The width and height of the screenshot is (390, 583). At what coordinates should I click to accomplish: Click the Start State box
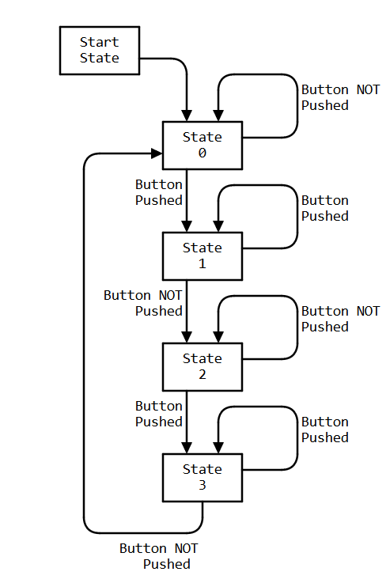point(100,51)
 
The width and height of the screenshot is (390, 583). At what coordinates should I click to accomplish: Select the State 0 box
point(202,146)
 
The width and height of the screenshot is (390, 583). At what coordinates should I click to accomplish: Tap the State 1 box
point(202,256)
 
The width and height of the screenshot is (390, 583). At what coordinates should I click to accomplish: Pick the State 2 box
point(202,367)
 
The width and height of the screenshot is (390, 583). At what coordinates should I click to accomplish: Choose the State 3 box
point(202,478)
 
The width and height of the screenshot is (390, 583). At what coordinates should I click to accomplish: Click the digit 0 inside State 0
point(203,153)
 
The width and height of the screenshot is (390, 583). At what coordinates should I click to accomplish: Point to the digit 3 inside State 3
point(203,486)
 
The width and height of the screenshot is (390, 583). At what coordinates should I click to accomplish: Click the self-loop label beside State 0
point(340,97)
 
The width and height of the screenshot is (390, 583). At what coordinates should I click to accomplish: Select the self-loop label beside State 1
point(324,208)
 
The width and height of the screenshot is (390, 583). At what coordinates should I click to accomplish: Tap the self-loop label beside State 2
point(340,319)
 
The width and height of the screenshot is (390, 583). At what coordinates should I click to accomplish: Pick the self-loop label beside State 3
point(324,430)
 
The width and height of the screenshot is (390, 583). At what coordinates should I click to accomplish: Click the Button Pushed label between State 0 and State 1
point(158,192)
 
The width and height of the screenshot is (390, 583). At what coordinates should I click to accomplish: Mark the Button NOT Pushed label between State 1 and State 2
point(142,303)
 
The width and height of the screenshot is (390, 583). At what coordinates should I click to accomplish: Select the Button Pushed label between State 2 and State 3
point(158,414)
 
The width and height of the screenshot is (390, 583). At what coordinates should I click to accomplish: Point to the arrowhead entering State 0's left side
point(157,153)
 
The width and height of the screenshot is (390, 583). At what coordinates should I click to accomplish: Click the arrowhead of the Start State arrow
point(187,115)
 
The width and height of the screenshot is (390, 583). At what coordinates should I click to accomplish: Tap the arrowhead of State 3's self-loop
point(218,448)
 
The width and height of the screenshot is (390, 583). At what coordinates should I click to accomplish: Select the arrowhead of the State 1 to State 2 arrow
point(187,337)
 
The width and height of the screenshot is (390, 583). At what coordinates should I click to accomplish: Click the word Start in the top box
point(100,42)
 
